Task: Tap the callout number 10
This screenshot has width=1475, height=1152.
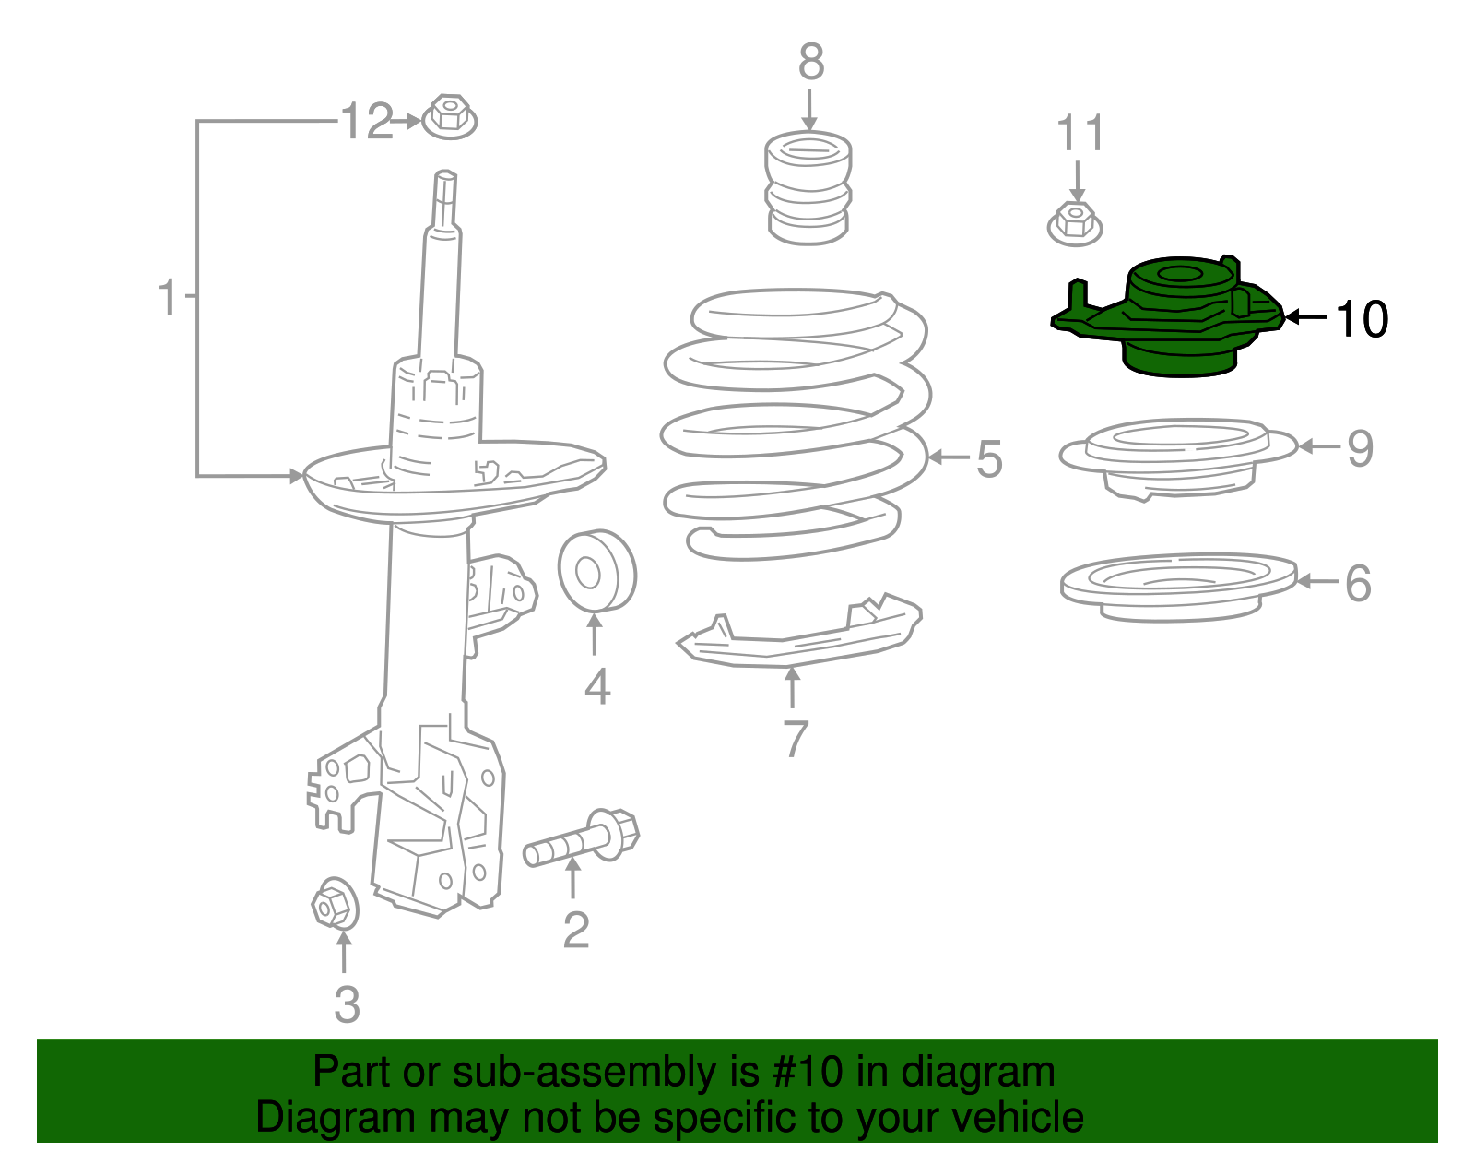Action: [x=1362, y=319]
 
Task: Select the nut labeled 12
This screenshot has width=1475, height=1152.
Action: [x=449, y=117]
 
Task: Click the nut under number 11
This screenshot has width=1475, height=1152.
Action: [x=1075, y=224]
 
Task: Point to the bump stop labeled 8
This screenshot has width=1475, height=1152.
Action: [x=808, y=189]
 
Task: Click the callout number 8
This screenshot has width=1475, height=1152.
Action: [x=810, y=63]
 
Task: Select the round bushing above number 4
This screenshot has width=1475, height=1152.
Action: [x=596, y=570]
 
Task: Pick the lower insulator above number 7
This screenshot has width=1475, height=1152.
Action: [x=798, y=632]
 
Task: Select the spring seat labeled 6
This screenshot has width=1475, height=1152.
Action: [x=1177, y=587]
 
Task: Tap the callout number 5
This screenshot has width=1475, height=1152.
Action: [x=988, y=459]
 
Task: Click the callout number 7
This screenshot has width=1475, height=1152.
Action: [x=796, y=739]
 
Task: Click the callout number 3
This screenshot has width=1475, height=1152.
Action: [x=347, y=1004]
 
